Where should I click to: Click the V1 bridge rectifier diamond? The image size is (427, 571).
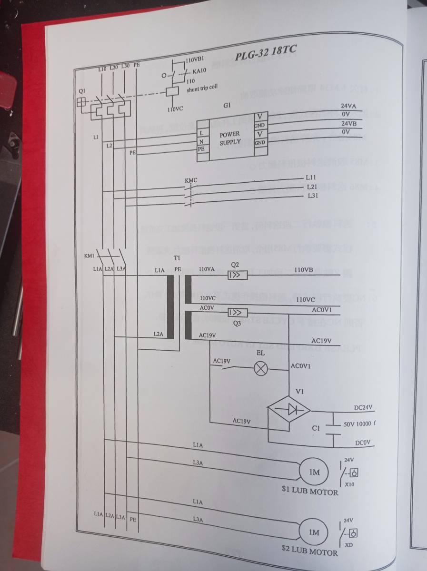coord(288,409)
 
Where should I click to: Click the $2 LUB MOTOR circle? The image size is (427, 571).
coord(312,532)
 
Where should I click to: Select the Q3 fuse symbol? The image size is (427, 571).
coord(237,312)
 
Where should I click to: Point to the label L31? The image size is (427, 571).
coord(313,196)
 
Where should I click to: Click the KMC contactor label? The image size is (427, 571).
coord(190,180)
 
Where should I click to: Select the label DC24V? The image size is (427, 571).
coord(363,408)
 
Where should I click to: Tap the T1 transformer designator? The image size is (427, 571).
coord(177,257)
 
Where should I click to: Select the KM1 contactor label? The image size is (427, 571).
coord(89,256)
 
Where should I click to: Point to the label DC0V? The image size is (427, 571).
coord(363,443)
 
